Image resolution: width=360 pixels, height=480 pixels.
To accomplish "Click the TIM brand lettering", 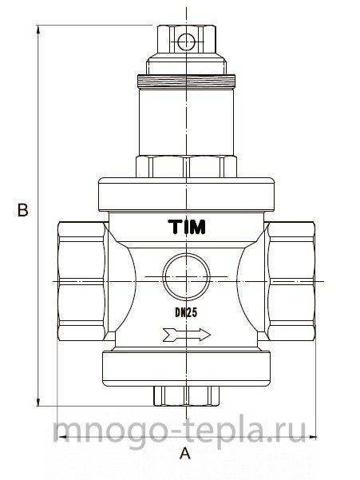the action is (x=187, y=227).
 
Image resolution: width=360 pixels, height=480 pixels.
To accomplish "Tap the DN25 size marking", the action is (x=186, y=312).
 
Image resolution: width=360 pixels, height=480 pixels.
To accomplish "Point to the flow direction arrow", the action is (x=187, y=335).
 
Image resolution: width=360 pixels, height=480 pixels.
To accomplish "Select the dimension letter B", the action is (x=22, y=210).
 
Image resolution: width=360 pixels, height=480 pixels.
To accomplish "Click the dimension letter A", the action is (x=185, y=454).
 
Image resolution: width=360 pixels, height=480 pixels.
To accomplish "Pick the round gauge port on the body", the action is (x=186, y=276).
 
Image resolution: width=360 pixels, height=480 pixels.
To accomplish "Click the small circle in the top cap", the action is (x=186, y=42).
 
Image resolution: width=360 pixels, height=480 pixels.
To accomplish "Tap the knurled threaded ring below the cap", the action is (x=186, y=81).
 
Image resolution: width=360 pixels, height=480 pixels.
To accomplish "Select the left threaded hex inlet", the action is (x=82, y=281).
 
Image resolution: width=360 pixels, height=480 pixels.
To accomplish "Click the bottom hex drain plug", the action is (x=186, y=396).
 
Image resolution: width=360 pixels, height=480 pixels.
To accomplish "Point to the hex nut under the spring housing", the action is (x=186, y=167).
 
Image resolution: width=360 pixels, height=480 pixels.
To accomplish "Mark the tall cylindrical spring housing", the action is (x=186, y=122).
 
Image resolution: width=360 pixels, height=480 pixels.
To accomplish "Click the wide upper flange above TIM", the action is (x=186, y=195).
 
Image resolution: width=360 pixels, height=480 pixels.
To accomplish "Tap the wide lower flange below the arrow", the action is (x=186, y=368).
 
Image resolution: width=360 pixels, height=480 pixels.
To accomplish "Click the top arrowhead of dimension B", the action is (x=38, y=28).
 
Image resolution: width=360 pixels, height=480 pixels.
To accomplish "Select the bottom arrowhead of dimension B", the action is (x=38, y=403).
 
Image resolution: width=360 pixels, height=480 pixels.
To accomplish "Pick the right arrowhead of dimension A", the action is (x=313, y=437).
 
